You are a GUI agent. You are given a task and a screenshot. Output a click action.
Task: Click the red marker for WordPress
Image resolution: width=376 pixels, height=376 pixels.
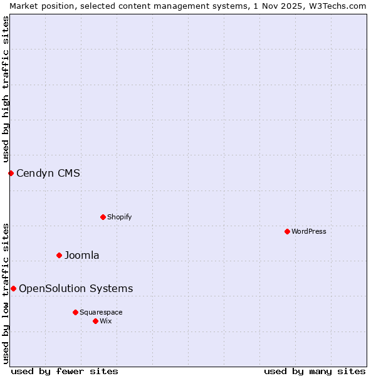click(x=287, y=231)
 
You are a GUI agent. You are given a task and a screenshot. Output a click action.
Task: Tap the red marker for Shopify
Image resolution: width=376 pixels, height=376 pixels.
click(x=103, y=217)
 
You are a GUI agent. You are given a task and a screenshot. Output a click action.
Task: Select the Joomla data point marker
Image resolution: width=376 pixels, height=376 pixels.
click(x=59, y=255)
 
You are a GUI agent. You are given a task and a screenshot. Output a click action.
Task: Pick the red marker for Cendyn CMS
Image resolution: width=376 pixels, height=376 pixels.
click(x=11, y=173)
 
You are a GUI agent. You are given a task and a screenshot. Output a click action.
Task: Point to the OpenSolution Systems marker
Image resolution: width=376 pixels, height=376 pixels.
click(x=13, y=288)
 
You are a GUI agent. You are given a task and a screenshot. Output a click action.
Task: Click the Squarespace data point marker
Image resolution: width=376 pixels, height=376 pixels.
click(x=75, y=312)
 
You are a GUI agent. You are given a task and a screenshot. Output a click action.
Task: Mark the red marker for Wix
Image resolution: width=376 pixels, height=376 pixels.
click(x=95, y=321)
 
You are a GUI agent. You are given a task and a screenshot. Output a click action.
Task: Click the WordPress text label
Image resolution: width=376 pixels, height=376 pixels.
click(x=309, y=231)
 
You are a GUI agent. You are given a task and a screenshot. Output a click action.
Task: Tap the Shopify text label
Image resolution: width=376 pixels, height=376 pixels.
click(x=119, y=217)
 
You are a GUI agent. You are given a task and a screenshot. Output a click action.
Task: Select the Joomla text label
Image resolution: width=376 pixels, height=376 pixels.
click(x=82, y=255)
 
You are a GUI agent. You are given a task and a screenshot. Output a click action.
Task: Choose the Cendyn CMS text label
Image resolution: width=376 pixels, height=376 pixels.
click(x=48, y=173)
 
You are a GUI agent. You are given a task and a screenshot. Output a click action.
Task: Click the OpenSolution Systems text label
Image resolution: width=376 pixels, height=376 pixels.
click(x=76, y=288)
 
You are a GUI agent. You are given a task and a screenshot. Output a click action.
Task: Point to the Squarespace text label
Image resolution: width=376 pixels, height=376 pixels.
click(x=101, y=312)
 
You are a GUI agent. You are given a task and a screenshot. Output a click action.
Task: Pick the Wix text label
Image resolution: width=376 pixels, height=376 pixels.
click(x=105, y=321)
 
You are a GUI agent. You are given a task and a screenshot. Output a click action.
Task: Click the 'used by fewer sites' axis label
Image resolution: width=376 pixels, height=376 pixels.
click(x=65, y=371)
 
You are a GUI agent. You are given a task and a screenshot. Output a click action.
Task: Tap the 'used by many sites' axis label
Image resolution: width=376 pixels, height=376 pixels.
click(x=315, y=371)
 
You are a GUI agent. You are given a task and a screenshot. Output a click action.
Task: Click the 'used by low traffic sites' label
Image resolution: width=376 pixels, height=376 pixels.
click(x=6, y=293)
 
